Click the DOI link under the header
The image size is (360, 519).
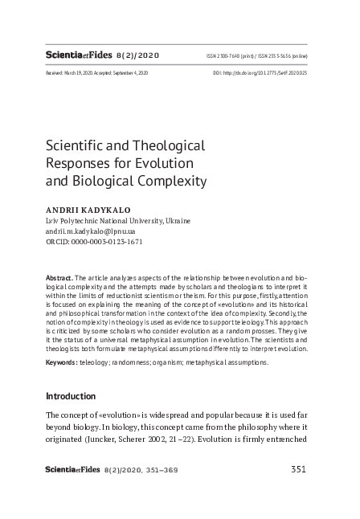(260, 72)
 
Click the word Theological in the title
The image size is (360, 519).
(166, 146)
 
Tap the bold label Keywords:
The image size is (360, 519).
(61, 362)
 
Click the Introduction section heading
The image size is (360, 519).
(71, 396)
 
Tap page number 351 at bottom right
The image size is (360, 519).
(297, 469)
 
